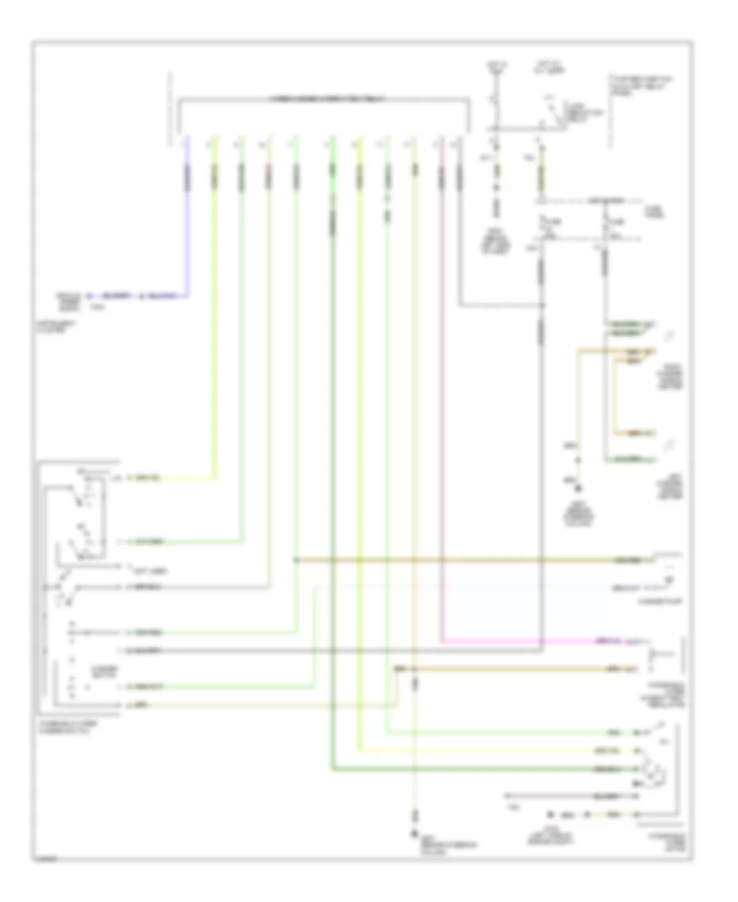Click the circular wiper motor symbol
(x=653, y=771)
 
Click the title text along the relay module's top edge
(x=324, y=98)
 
